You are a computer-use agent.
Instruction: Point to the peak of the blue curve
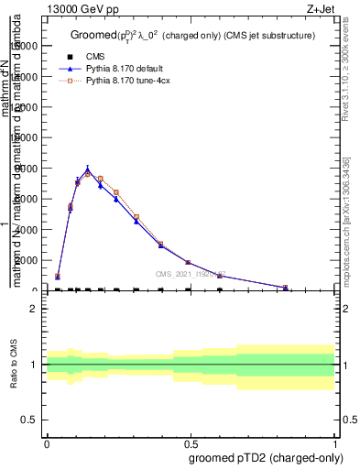click(x=88, y=169)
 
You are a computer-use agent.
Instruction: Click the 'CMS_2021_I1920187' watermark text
click(x=191, y=274)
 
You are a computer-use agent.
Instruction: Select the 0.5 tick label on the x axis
click(x=191, y=442)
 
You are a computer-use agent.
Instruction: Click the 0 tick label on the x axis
click(x=47, y=442)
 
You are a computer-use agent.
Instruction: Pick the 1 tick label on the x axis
click(x=335, y=442)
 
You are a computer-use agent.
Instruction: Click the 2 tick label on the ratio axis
click(x=36, y=309)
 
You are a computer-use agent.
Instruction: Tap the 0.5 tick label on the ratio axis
click(x=31, y=420)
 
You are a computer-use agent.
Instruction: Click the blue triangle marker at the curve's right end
click(x=286, y=288)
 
